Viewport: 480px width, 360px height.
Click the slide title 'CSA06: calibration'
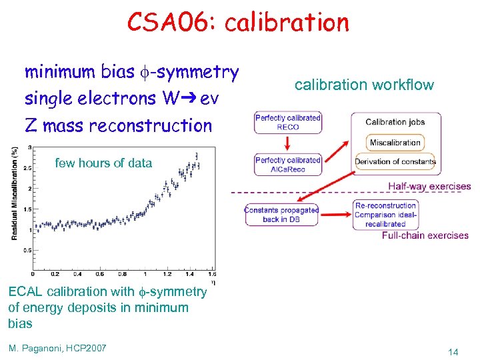pyautogui.click(x=238, y=22)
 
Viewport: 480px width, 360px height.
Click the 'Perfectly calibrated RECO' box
pyautogui.click(x=287, y=123)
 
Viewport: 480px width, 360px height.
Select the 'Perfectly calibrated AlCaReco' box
pyautogui.click(x=287, y=165)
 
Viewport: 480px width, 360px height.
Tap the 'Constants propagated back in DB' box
pyautogui.click(x=281, y=214)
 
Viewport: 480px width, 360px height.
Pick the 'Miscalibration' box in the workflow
pyautogui.click(x=395, y=142)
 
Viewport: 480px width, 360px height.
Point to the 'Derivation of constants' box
pyautogui.click(x=395, y=161)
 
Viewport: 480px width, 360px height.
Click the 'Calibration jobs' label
pyautogui.click(x=395, y=122)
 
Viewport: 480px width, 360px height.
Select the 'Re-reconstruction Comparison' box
pyautogui.click(x=385, y=215)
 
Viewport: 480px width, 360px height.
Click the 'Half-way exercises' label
pyautogui.click(x=429, y=187)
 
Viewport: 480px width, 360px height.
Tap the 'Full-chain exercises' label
pyautogui.click(x=425, y=235)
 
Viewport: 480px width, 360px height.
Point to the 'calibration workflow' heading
pyautogui.click(x=364, y=85)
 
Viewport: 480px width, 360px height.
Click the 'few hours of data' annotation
pyautogui.click(x=103, y=163)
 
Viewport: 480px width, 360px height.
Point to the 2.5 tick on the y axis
pyautogui.click(x=27, y=169)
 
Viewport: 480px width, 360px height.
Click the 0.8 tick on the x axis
pyautogui.click(x=123, y=273)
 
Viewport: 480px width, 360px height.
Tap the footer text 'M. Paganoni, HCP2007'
pyautogui.click(x=57, y=347)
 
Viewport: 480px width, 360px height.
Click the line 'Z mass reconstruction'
pyautogui.click(x=118, y=125)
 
